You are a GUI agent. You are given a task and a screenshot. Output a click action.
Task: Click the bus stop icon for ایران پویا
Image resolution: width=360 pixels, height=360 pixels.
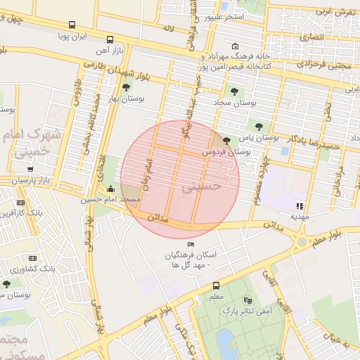pos(72,25)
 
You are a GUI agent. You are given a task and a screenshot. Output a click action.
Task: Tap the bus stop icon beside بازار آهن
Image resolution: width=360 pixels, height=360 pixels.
pos(109,40)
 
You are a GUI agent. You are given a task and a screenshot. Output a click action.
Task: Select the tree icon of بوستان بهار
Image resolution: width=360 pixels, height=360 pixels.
pos(125,88)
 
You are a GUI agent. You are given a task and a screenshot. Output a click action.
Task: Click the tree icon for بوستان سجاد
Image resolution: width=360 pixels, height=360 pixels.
pos(233,91)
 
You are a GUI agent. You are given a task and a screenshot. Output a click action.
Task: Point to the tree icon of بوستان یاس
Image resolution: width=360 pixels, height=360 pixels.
pos(259,126)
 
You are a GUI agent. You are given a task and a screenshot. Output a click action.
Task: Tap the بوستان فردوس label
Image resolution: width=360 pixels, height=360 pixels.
pos(226,151)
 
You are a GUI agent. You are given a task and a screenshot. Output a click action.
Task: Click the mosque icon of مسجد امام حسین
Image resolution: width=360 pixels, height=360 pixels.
pos(110,189)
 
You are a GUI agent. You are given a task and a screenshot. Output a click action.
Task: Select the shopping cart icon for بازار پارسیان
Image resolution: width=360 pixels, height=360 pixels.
pos(30,169)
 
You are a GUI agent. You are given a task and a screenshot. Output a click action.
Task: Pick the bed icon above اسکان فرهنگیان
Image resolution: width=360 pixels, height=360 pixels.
pos(190,244)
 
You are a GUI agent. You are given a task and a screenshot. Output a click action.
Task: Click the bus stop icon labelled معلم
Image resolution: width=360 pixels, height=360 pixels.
pos(216,285)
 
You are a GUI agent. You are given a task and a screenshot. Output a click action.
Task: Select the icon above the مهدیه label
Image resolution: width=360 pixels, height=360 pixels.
pos(299,206)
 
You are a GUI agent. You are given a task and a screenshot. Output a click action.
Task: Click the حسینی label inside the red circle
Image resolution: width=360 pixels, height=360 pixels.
pos(202,187)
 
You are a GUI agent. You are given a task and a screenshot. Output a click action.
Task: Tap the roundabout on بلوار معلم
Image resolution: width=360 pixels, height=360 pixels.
pos(302,243)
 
